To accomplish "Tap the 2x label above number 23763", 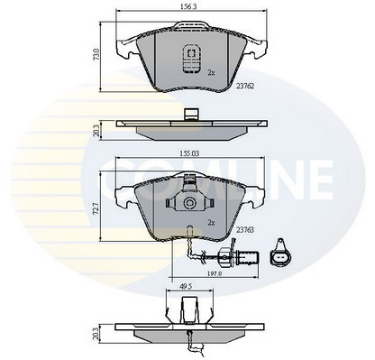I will [210, 221].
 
